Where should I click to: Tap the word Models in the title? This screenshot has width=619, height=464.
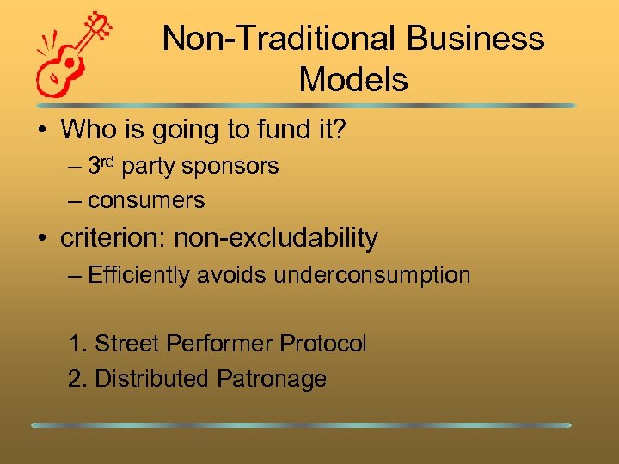tap(353, 80)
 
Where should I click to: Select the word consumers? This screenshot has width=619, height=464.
tap(146, 201)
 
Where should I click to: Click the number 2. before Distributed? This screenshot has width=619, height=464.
tap(77, 379)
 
